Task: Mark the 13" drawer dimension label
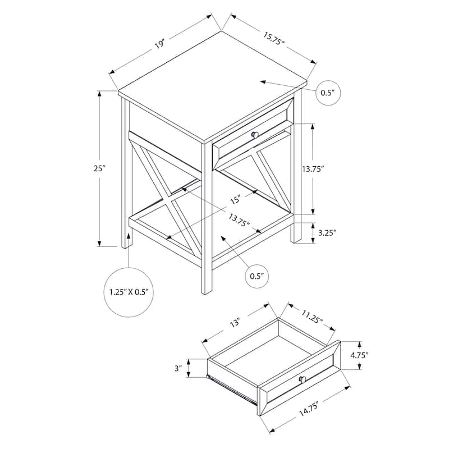coord(234,323)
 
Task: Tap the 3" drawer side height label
coord(178,368)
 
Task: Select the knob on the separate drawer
coord(303,380)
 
